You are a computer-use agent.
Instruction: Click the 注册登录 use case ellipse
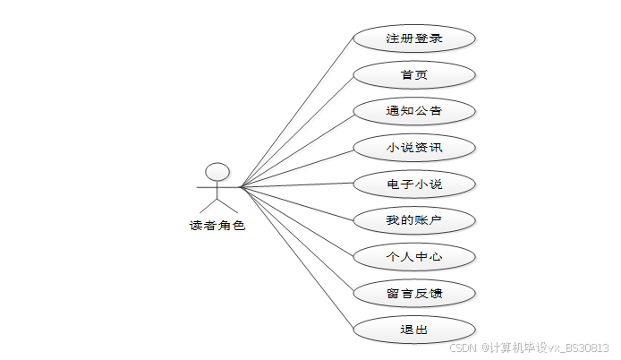[x=413, y=39]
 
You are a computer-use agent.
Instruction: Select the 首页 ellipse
[x=413, y=74]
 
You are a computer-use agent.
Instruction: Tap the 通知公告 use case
[x=413, y=111]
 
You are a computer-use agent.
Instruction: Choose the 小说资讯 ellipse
[x=413, y=148]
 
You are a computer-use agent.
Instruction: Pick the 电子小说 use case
[x=413, y=184]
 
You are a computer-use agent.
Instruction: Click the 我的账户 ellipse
[x=413, y=220]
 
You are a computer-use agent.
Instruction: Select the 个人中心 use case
[x=413, y=257]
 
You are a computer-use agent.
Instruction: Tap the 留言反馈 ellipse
[x=413, y=293]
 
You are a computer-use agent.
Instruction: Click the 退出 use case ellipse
[x=413, y=330]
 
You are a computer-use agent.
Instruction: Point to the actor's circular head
[x=217, y=171]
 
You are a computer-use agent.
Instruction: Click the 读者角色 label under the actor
[x=217, y=226]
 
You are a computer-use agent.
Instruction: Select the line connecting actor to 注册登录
[x=297, y=113]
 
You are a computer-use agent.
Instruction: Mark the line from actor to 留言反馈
[x=297, y=240]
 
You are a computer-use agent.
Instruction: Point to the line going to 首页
[x=297, y=131]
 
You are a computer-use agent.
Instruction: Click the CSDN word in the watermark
[x=462, y=347]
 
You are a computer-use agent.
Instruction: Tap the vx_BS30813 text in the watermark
[x=579, y=347]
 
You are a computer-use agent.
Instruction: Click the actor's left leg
[x=208, y=205]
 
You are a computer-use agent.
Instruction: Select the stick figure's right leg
[x=227, y=205]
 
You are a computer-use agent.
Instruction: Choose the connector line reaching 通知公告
[x=297, y=150]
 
